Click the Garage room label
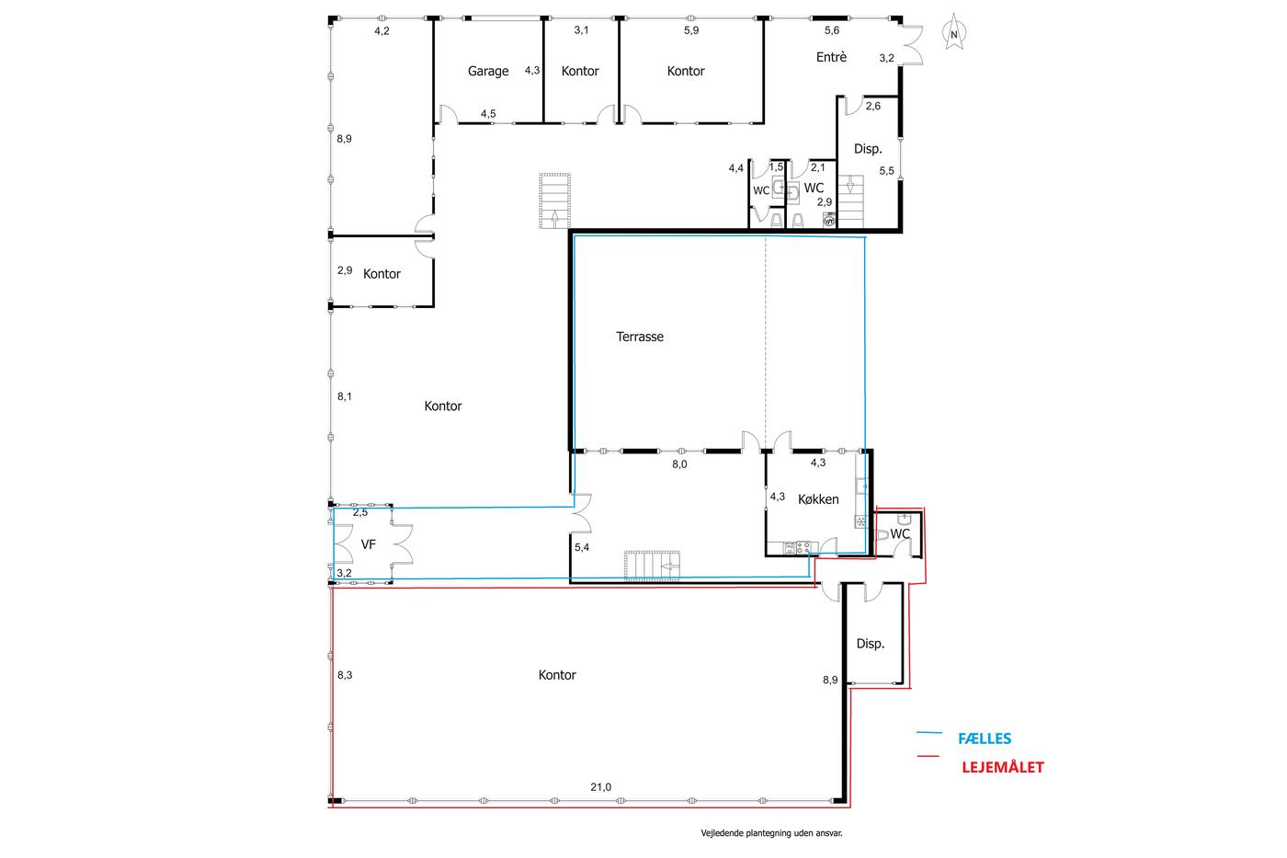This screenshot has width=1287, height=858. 488,71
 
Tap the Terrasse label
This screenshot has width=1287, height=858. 640,337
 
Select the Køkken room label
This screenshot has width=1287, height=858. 818,499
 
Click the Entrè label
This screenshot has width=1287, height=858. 831,57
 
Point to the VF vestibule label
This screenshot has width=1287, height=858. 369,544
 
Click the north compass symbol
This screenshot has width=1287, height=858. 954,33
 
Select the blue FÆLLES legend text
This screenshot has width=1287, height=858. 985,738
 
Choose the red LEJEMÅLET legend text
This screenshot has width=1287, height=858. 1003,767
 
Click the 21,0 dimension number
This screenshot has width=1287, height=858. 601,787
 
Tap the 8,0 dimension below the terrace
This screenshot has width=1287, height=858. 679,464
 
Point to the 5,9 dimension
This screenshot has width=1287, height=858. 691,30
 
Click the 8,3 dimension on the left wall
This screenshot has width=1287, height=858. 345,675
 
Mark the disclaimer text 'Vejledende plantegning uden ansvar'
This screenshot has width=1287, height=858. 771,833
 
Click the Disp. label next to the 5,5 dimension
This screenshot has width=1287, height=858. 868,149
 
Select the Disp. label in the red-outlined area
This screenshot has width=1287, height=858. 871,644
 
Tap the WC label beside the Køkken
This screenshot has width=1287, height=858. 900,534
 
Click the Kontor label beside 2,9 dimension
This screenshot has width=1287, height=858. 382,274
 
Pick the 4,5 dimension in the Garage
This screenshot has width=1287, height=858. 488,114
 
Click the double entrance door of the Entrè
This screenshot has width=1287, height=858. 911,45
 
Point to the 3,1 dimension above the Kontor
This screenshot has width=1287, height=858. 581,29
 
